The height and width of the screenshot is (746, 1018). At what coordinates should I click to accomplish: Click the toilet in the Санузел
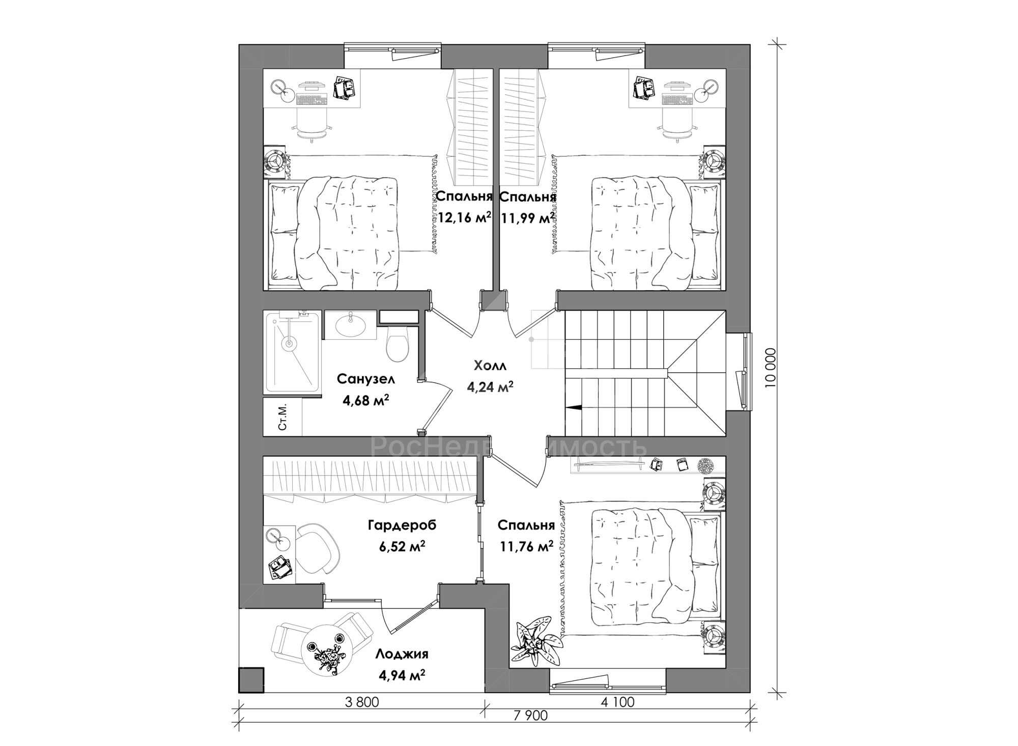coord(398,345)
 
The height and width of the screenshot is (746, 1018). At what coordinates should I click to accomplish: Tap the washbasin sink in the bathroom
coord(350,325)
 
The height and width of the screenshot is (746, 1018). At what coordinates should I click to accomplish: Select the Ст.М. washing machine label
coord(283,418)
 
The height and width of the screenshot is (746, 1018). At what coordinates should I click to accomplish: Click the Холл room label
coord(490,366)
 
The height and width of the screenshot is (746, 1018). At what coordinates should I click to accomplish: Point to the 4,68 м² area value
coord(366,400)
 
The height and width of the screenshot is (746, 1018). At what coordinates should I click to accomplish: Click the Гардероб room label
coord(402,525)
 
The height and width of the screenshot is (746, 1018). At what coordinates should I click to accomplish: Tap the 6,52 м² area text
coord(402,546)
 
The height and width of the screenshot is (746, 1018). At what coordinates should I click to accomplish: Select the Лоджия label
coord(402,654)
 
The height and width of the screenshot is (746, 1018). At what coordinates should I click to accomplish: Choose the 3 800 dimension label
coord(362,703)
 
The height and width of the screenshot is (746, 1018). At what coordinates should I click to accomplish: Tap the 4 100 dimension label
coord(617,703)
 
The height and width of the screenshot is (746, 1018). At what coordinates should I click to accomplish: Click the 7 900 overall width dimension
coord(530,715)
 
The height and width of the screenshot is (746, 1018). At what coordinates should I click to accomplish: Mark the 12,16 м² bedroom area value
coord(464,218)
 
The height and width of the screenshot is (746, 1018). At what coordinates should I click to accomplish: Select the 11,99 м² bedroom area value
coord(527,218)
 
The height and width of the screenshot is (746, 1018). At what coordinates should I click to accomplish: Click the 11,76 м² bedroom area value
coord(526,547)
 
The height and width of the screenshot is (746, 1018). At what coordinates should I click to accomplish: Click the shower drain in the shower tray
coord(289,344)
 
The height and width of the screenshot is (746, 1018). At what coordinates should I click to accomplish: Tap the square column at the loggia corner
coord(251,680)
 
